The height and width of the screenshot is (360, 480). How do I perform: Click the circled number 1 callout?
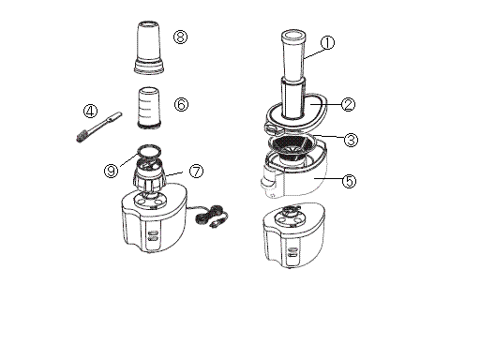click(x=327, y=42)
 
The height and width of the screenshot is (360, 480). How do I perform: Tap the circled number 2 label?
click(x=348, y=104)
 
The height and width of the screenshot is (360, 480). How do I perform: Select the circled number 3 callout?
click(x=351, y=140)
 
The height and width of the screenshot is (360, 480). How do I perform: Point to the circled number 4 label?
click(x=90, y=111)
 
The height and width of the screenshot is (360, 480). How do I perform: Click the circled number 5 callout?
click(x=349, y=181)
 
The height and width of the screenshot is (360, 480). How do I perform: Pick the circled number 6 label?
click(x=181, y=104)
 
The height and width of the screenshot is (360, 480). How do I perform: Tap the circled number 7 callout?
click(x=196, y=171)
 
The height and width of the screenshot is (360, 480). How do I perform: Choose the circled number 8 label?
click(x=180, y=37)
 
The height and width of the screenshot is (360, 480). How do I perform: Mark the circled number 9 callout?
click(x=111, y=171)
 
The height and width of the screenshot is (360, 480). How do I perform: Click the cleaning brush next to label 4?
click(x=99, y=127)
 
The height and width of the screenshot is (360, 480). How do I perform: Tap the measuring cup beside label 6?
click(x=149, y=107)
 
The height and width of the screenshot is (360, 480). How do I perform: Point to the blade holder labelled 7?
click(x=149, y=175)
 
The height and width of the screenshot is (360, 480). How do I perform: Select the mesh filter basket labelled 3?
click(x=291, y=147)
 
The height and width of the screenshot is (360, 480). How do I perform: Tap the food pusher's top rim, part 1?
click(x=293, y=35)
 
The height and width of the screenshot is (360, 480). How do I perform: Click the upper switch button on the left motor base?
click(x=153, y=233)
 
